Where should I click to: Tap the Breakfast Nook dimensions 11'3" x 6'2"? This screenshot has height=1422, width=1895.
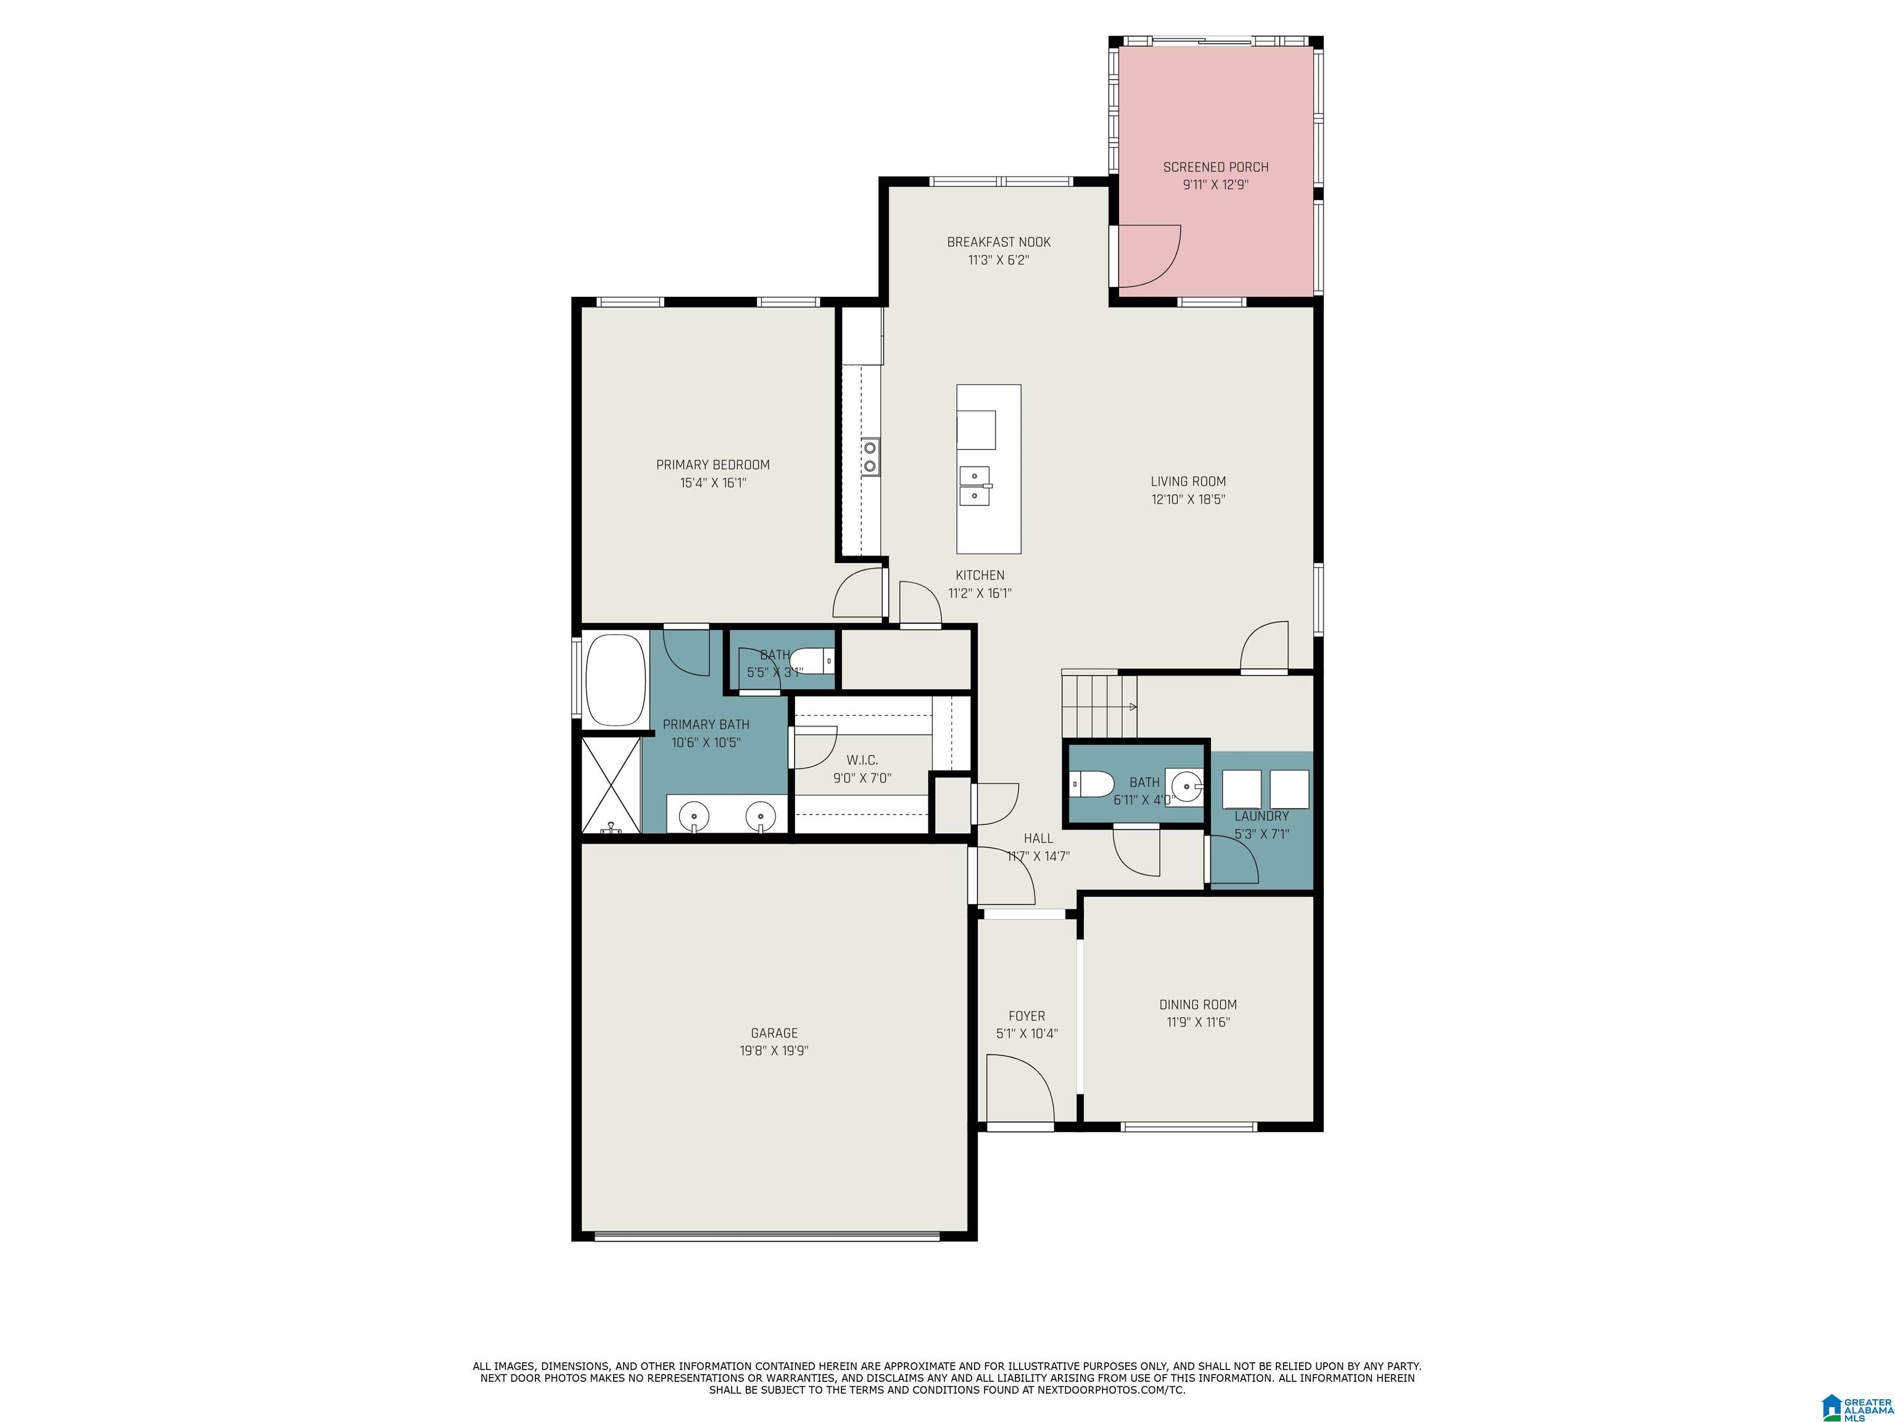click(999, 260)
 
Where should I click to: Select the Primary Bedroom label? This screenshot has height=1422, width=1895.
click(712, 465)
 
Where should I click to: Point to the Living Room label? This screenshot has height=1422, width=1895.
click(1188, 481)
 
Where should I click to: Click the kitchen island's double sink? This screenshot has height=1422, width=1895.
click(975, 486)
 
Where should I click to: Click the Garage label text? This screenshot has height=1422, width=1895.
click(774, 1033)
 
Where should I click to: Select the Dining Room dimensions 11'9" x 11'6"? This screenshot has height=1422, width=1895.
click(1198, 1021)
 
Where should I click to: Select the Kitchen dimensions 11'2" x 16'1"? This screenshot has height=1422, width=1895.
click(980, 593)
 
